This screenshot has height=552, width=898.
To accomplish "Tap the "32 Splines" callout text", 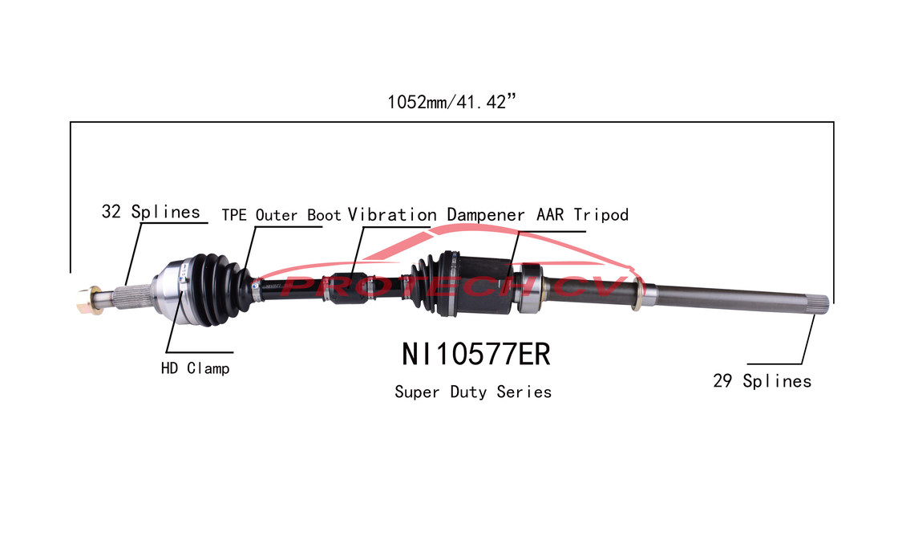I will click(150, 213).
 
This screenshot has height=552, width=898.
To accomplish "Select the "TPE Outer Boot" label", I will click(281, 215).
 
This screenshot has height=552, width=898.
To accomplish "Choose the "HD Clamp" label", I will click(195, 369).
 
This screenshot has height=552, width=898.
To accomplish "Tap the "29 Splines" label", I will click(762, 382).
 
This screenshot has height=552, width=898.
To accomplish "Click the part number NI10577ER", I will click(475, 353).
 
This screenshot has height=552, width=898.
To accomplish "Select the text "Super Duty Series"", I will click(473, 392).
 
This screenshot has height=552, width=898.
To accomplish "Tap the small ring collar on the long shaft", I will click(637, 297).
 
